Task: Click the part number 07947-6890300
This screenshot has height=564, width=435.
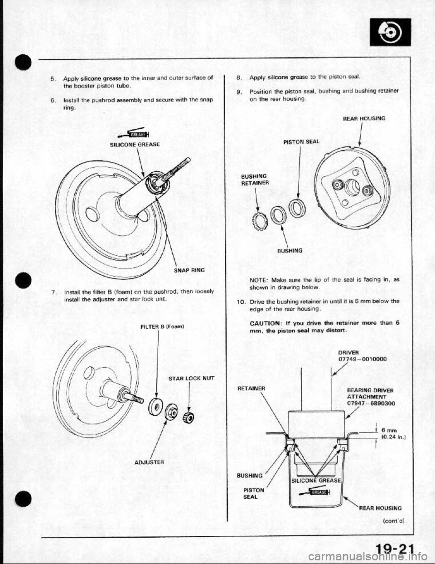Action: tap(364, 403)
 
